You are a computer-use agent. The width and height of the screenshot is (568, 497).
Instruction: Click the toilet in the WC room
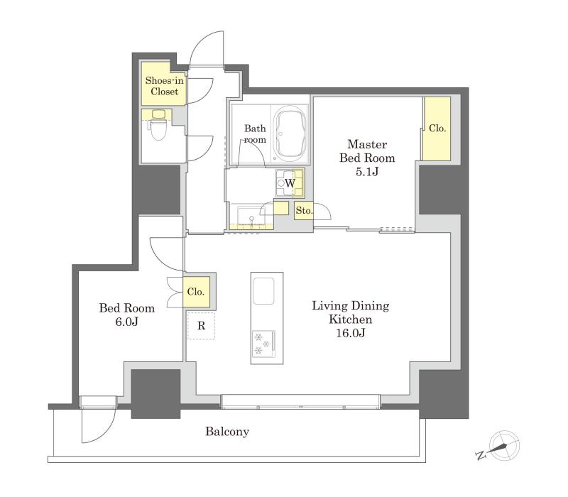click(158, 125)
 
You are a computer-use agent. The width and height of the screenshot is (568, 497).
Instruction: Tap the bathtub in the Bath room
click(290, 134)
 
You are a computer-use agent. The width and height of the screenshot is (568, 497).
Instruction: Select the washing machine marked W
click(290, 182)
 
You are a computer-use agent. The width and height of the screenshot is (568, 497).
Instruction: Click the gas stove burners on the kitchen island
click(263, 344)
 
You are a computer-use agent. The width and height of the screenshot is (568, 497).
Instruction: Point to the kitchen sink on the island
click(263, 291)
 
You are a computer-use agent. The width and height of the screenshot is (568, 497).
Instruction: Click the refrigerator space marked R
click(201, 326)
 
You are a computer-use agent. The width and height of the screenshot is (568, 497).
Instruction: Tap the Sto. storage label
click(304, 210)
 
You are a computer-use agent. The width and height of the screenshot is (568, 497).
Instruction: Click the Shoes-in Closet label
click(165, 86)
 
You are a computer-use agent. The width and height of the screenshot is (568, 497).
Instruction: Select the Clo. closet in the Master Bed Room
click(437, 129)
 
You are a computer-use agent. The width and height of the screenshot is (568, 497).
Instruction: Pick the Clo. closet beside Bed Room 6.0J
click(196, 292)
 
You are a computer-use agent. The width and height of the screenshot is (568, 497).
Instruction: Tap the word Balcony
click(227, 432)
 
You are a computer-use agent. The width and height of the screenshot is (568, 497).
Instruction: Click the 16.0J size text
click(350, 332)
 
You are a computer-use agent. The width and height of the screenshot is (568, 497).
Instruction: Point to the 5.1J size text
click(367, 171)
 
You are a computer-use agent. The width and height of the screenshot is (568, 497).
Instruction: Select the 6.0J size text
click(127, 322)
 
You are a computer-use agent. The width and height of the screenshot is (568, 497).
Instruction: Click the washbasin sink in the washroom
click(252, 217)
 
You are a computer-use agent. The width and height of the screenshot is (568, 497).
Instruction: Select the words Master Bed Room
click(367, 151)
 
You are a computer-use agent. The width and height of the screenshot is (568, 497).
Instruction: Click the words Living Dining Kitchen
click(350, 312)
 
